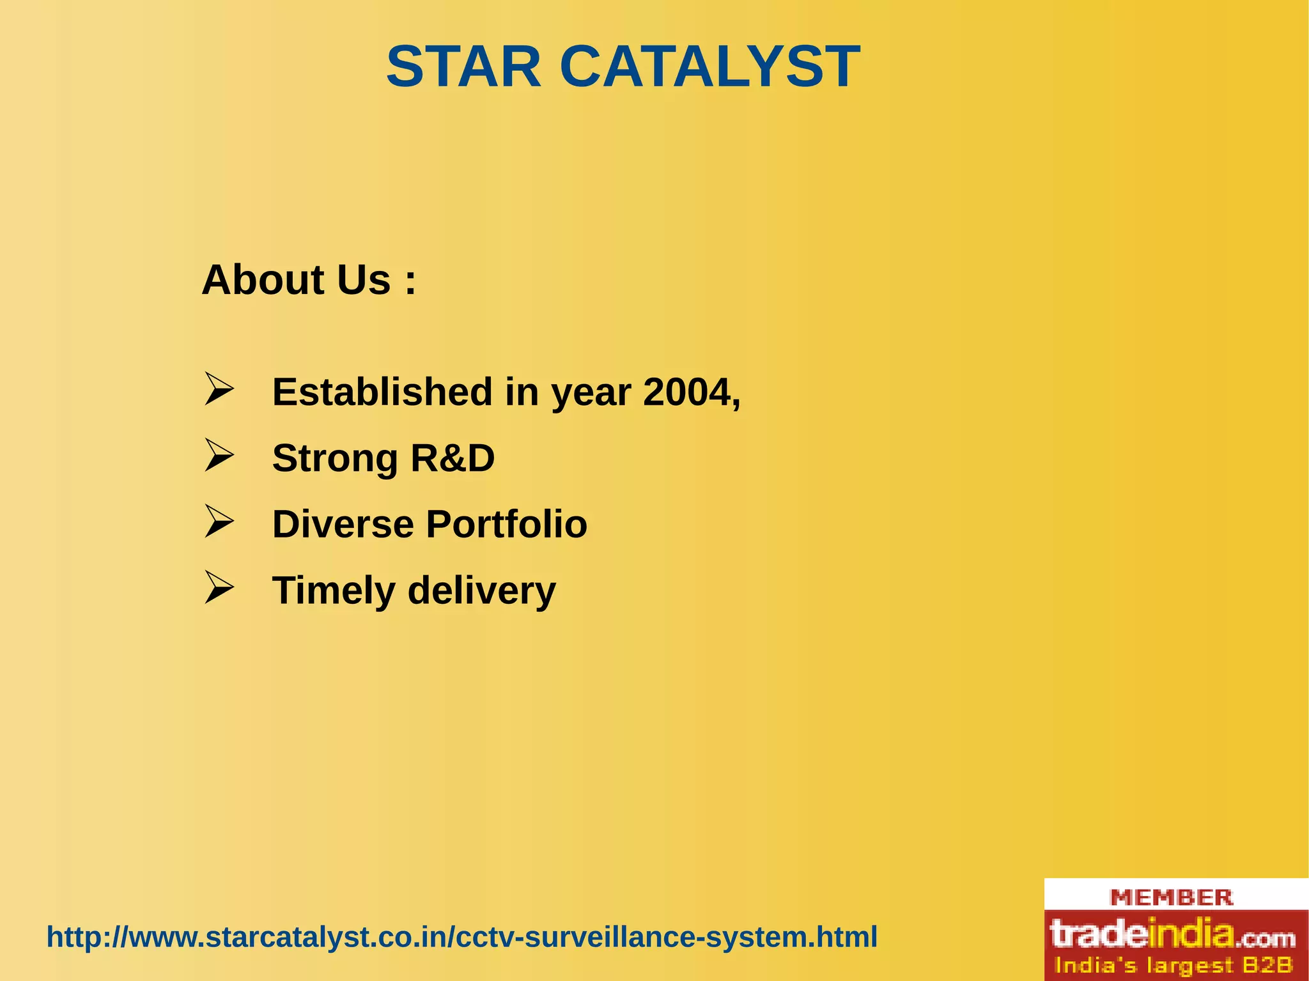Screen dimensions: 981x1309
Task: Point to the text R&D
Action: coord(453,458)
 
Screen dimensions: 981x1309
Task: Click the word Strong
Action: coord(335,459)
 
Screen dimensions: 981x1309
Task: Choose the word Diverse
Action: coord(343,524)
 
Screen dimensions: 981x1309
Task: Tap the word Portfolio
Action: coord(506,524)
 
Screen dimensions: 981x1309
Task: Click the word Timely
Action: coord(334,591)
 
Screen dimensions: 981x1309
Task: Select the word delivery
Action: coord(482,591)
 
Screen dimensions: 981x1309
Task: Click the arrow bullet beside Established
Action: coord(218,389)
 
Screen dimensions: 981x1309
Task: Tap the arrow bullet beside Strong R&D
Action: coord(218,456)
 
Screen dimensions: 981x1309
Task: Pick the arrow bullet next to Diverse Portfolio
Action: coord(218,521)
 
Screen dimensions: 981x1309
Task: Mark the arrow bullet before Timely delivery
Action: coord(218,588)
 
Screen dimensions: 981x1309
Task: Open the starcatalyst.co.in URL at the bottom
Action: coord(461,938)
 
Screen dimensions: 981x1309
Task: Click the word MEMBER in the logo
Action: coord(1172,897)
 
